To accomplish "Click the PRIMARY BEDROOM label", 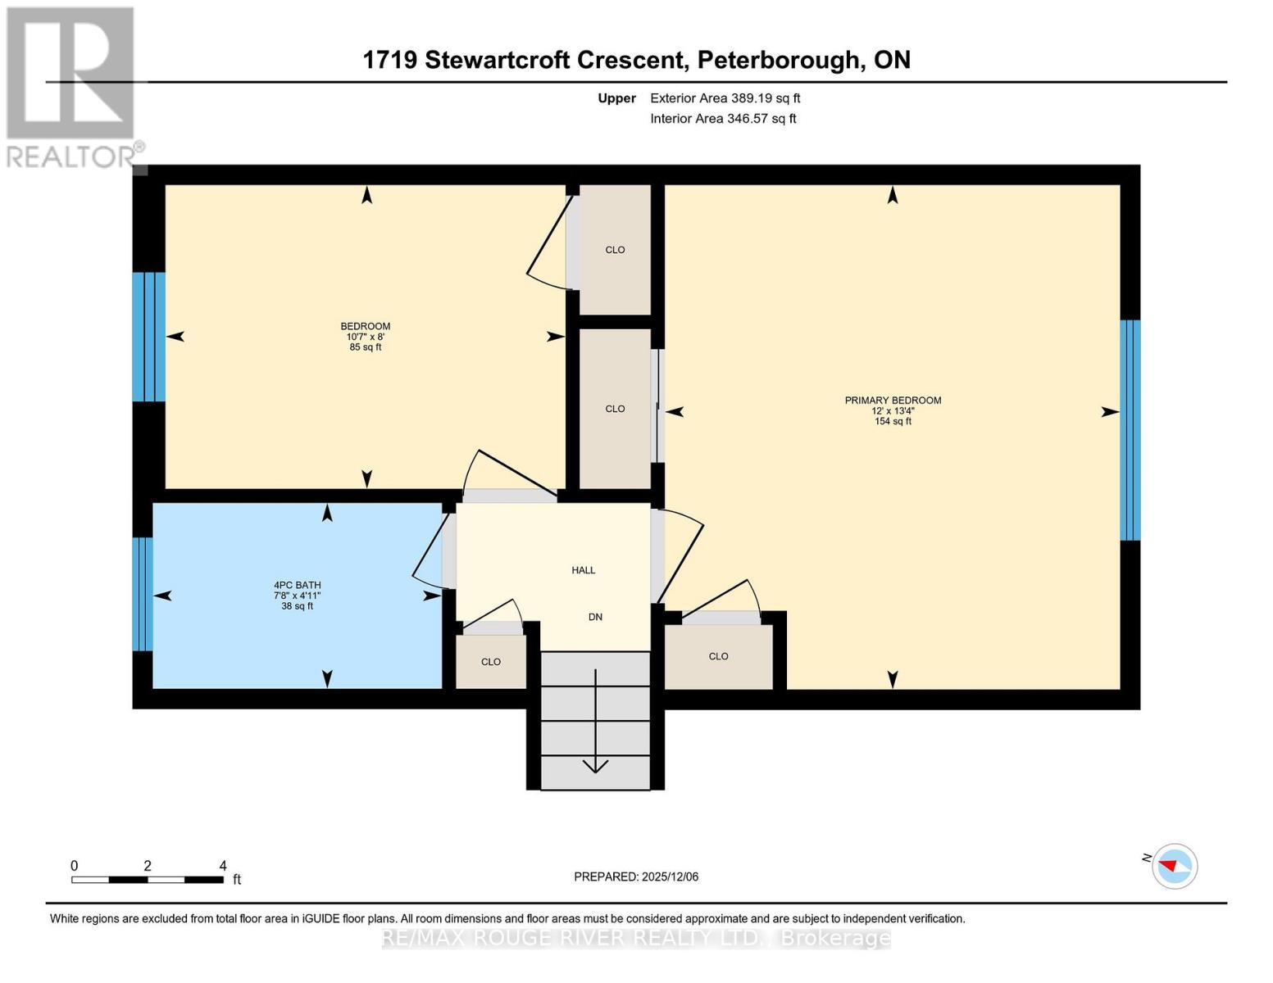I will [893, 401].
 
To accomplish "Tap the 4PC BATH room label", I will [297, 585].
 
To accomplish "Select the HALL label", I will [584, 570].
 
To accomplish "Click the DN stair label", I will [595, 617].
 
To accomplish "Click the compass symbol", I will [1175, 866].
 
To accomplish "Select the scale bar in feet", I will [148, 880].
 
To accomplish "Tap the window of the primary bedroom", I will [1130, 430].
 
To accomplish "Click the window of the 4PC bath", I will [143, 594].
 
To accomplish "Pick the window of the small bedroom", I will [149, 337].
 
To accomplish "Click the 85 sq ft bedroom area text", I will [366, 347].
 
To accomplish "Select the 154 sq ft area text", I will [893, 422].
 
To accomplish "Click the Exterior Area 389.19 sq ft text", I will [725, 98].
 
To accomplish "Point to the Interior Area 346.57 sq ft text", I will [723, 119].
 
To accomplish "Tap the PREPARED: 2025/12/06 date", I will [636, 877].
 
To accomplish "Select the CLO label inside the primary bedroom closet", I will [718, 656].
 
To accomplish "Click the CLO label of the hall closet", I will [491, 662].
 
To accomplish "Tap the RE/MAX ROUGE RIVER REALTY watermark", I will [636, 938].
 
